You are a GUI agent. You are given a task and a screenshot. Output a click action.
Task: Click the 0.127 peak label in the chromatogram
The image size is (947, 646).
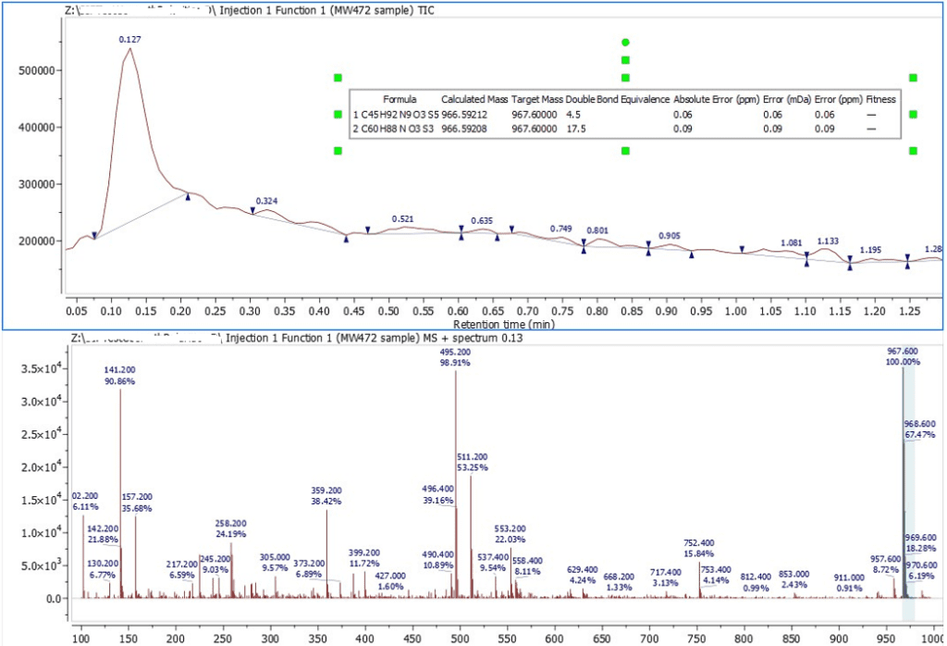(129, 39)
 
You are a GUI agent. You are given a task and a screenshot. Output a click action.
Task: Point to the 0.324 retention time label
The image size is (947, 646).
(266, 200)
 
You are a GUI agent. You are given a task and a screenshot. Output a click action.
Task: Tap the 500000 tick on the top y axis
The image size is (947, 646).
(39, 70)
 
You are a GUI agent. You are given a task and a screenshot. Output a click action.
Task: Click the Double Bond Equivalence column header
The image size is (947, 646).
(618, 99)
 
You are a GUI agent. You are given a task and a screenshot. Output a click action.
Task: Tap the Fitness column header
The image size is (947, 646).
(881, 99)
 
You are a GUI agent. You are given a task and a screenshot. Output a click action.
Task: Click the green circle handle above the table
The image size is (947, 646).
(625, 43)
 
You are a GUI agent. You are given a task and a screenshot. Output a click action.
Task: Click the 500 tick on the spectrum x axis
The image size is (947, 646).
(458, 637)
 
